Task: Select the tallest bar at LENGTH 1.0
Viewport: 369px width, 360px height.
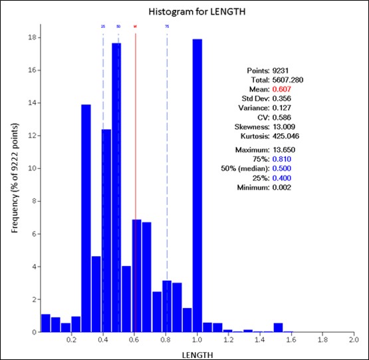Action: click(197, 186)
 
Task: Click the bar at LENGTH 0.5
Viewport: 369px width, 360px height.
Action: click(116, 186)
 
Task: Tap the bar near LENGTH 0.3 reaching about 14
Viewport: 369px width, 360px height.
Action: click(86, 220)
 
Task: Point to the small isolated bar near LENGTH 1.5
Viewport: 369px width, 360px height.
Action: click(278, 327)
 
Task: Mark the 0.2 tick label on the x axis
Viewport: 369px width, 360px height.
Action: click(72, 339)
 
